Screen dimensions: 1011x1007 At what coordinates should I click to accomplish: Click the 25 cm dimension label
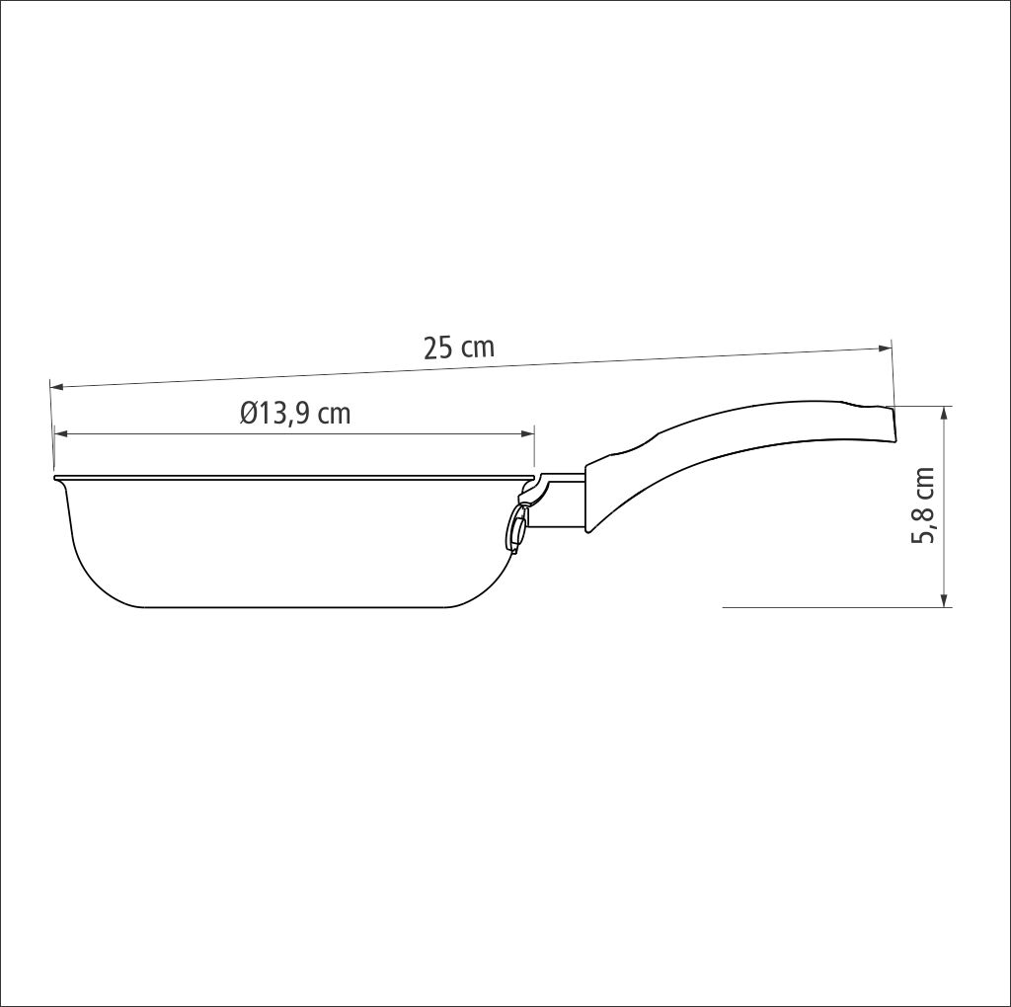pyautogui.click(x=459, y=348)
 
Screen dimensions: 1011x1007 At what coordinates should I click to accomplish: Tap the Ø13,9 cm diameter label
pyautogui.click(x=295, y=413)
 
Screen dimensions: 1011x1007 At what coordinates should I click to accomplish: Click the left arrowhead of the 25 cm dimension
pyautogui.click(x=56, y=387)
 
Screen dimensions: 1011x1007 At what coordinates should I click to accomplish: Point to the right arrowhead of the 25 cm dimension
pyautogui.click(x=886, y=349)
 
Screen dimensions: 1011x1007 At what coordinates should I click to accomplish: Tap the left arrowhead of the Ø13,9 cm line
pyautogui.click(x=61, y=433)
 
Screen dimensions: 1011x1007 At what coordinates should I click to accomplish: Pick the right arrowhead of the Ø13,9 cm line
pyautogui.click(x=528, y=433)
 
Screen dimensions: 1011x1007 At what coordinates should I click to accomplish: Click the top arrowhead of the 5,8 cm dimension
pyautogui.click(x=945, y=414)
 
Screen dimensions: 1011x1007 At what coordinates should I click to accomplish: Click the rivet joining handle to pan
pyautogui.click(x=516, y=530)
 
